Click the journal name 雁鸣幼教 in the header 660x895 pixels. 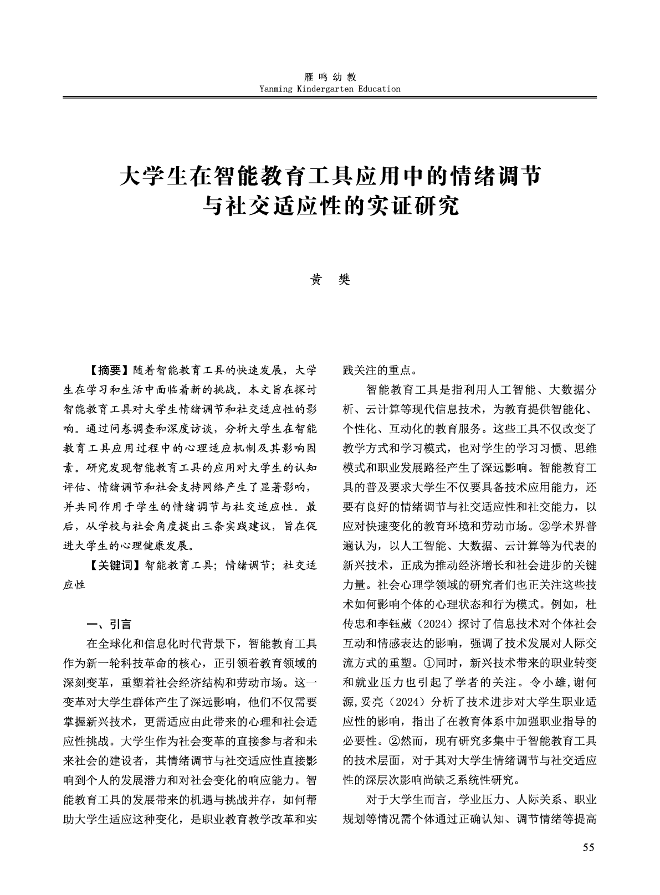pyautogui.click(x=330, y=78)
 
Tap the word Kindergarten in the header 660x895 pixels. pyautogui.click(x=325, y=89)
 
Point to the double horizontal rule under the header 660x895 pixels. pyautogui.click(x=330, y=97)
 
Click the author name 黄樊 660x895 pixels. pyautogui.click(x=330, y=280)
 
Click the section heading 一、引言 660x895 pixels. pyautogui.click(x=110, y=624)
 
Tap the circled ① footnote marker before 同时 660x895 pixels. pyautogui.click(x=429, y=662)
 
